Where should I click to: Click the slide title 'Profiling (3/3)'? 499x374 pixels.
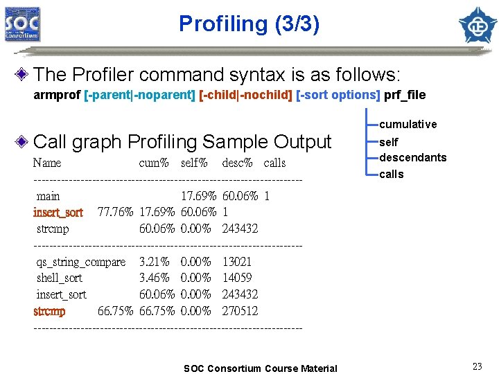click(x=249, y=24)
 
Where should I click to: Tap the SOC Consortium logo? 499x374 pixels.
click(x=22, y=24)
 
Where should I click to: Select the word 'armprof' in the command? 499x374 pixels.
click(x=56, y=95)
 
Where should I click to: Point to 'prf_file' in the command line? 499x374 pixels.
click(x=405, y=95)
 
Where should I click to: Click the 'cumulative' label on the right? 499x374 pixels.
click(x=408, y=125)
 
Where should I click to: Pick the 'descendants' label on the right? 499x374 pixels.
click(x=413, y=158)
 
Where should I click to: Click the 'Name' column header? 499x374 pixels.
click(x=47, y=163)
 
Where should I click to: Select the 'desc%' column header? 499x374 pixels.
click(x=237, y=163)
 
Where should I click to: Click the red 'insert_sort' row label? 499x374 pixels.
click(x=58, y=212)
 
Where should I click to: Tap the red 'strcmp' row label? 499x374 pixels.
click(x=49, y=311)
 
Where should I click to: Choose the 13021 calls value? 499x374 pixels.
click(x=237, y=262)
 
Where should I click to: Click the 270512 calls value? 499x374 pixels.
click(x=240, y=311)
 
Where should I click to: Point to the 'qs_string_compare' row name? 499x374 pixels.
click(x=81, y=262)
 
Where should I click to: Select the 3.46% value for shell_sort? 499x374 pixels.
click(x=155, y=278)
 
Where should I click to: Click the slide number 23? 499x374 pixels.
click(x=477, y=366)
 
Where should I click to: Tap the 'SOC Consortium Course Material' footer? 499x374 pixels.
click(x=261, y=368)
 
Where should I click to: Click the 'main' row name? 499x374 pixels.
click(x=49, y=196)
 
